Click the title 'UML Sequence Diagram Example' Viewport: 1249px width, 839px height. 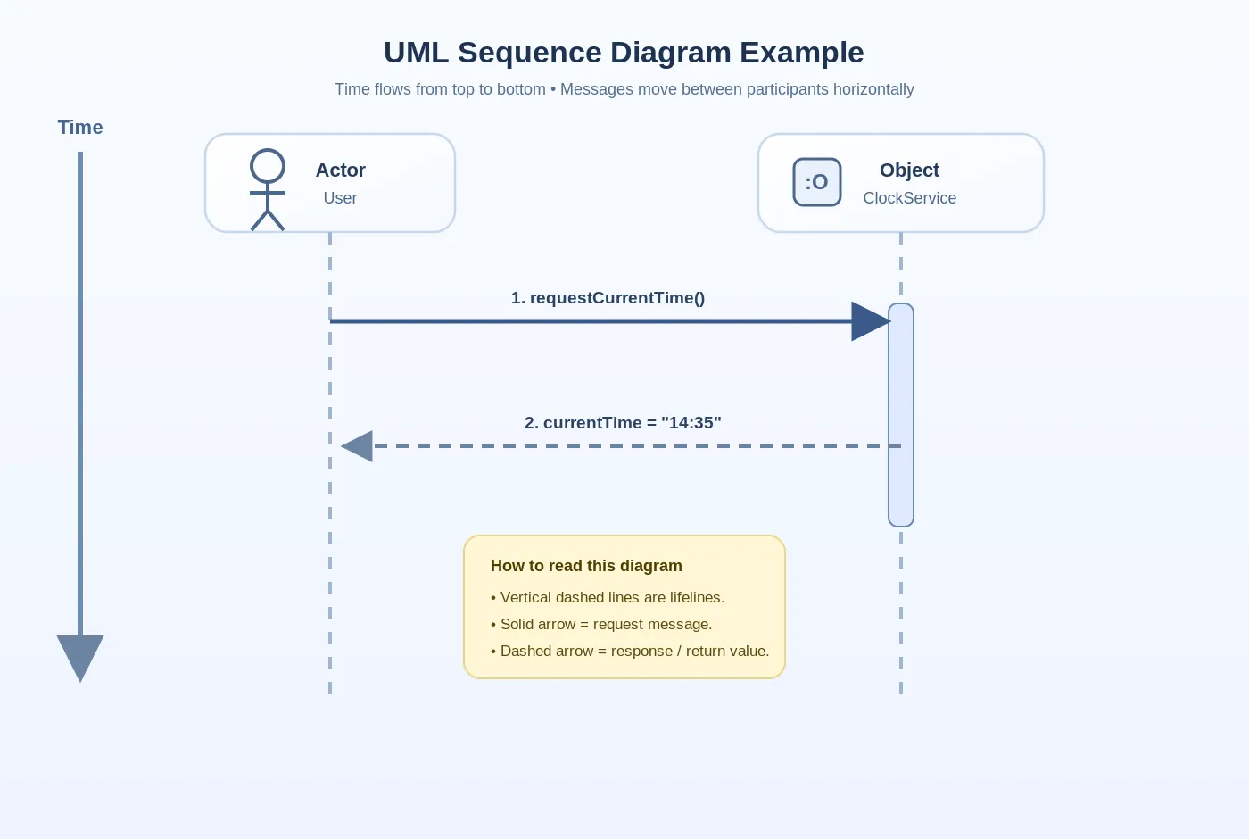coord(624,53)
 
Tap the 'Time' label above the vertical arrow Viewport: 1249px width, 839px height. coord(80,128)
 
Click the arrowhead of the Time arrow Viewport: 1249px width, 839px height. coord(80,656)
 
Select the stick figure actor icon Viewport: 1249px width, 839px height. coord(268,190)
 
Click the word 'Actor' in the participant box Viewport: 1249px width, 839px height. coord(340,170)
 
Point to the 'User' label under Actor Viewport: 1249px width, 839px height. coord(340,198)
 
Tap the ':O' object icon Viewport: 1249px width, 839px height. coord(817,182)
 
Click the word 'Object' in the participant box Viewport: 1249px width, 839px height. coord(909,170)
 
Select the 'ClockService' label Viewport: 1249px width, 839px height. coord(909,198)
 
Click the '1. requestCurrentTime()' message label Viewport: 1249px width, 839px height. coord(608,298)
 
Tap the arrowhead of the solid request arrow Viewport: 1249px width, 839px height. coord(869,321)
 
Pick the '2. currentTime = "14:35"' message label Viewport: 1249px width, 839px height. coord(623,423)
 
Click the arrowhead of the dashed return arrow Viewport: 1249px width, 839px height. coord(358,446)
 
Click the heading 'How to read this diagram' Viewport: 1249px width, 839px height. coord(586,566)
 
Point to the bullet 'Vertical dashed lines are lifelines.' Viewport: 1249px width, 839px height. coord(608,598)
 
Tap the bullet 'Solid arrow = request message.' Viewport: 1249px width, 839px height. coord(601,625)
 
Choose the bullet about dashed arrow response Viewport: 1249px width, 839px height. coord(630,652)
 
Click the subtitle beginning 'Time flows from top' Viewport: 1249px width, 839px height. coord(624,89)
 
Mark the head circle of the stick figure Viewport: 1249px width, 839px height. coord(268,166)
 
